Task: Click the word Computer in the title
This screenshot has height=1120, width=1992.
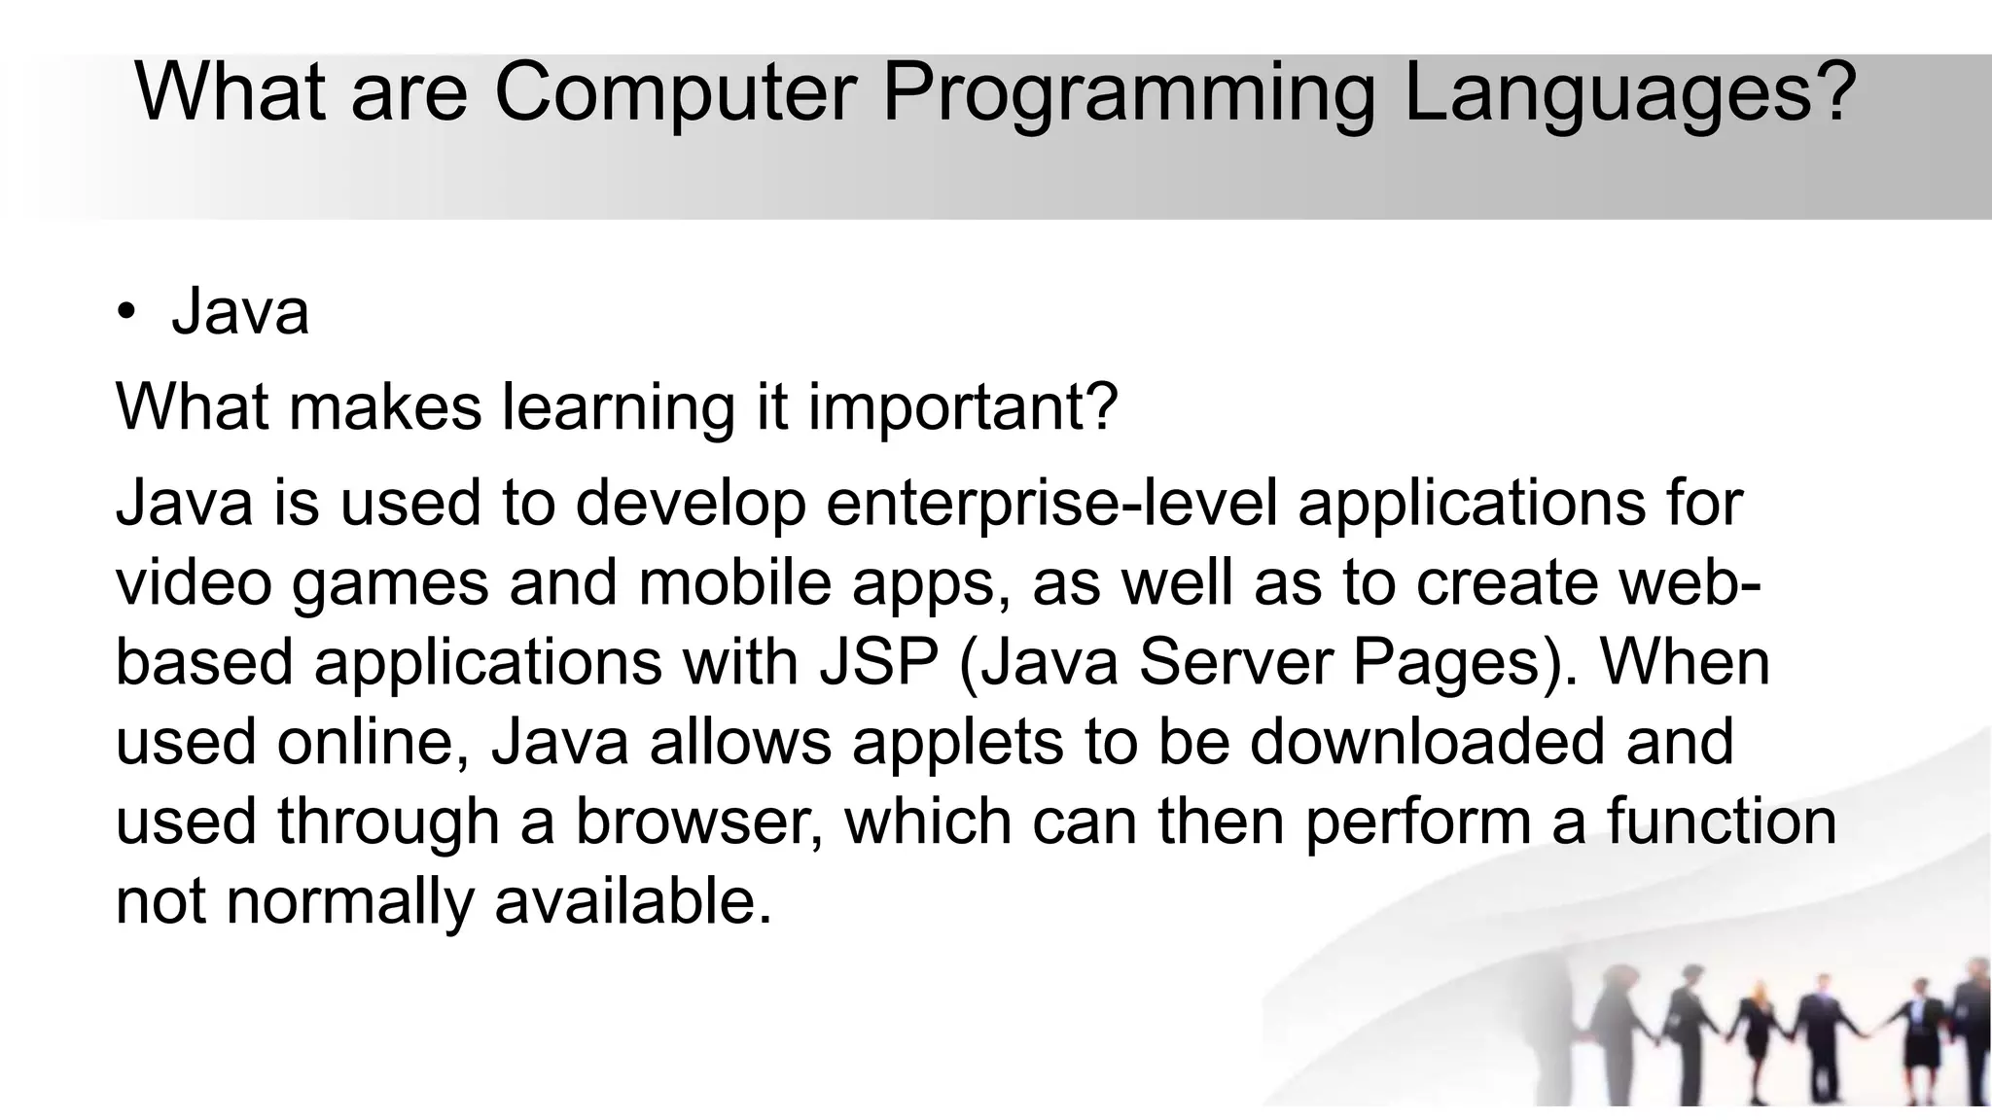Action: (x=674, y=92)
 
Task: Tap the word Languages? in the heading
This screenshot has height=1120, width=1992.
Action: (x=1629, y=92)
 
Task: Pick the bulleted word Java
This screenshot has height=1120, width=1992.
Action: (x=240, y=312)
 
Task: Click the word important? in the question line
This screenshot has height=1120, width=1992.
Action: (x=963, y=407)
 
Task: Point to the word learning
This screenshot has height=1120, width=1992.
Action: (x=618, y=407)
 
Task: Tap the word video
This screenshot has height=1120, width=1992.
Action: (x=194, y=583)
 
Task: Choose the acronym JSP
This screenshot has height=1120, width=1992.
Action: (x=879, y=663)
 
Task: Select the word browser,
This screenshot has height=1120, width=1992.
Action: (x=699, y=822)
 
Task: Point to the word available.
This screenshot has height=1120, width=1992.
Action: (x=633, y=902)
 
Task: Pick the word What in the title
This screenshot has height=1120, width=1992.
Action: (x=231, y=92)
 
